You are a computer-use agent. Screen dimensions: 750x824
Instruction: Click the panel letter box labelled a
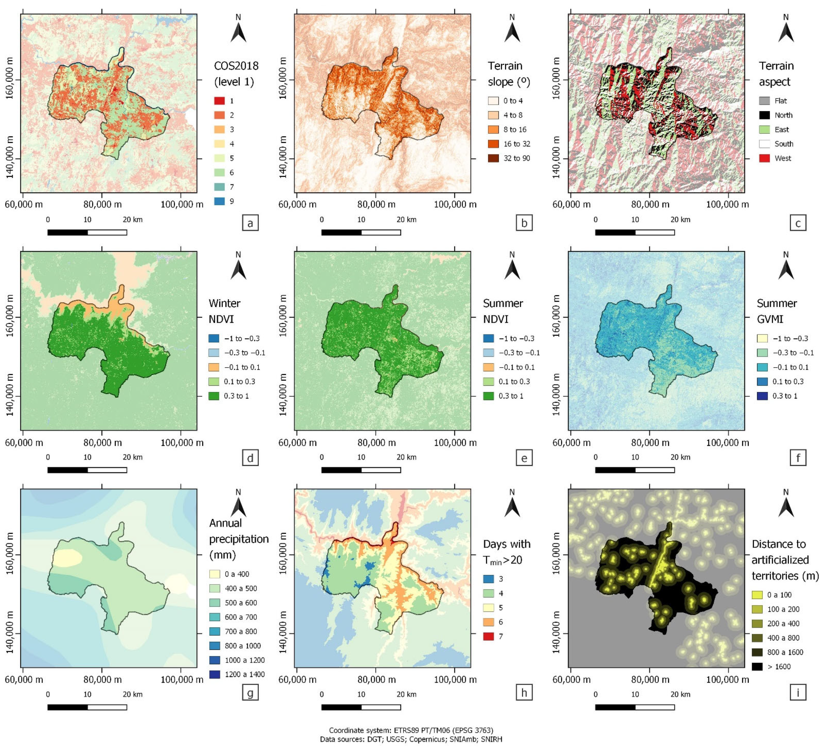tap(250, 223)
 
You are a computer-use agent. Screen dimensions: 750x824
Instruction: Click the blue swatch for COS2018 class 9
tap(219, 201)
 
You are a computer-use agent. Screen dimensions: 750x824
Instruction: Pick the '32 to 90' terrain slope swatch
tap(493, 158)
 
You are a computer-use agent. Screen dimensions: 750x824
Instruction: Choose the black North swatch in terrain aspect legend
tap(764, 115)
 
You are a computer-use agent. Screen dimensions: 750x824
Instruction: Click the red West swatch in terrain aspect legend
tap(764, 158)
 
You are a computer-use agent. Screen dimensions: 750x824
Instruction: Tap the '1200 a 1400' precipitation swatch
tap(215, 674)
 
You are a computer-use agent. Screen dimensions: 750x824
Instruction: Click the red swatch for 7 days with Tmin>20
tap(488, 636)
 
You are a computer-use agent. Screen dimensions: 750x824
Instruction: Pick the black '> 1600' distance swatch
tap(758, 667)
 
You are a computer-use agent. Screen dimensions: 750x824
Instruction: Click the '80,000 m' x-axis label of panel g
tap(103, 680)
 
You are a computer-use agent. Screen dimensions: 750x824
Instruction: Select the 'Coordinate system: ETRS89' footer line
tap(411, 730)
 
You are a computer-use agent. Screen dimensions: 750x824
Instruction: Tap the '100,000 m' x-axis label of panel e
tap(455, 443)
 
